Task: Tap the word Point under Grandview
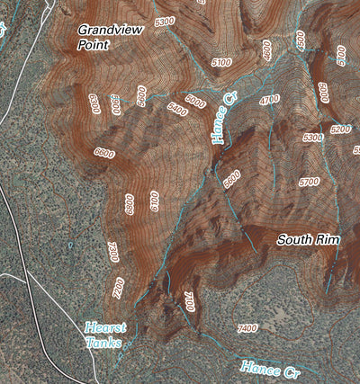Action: (x=94, y=44)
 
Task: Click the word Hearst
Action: (x=105, y=327)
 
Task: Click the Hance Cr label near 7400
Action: (x=270, y=369)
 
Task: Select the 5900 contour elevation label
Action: (x=142, y=95)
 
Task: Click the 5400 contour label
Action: (x=177, y=109)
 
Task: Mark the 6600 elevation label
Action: (x=103, y=153)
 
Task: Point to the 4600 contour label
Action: (x=266, y=50)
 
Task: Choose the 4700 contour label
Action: (x=268, y=99)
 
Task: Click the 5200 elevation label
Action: (x=340, y=129)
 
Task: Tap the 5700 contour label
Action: (x=309, y=182)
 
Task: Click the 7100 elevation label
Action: (x=188, y=301)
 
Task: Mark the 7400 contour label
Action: (x=247, y=328)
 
